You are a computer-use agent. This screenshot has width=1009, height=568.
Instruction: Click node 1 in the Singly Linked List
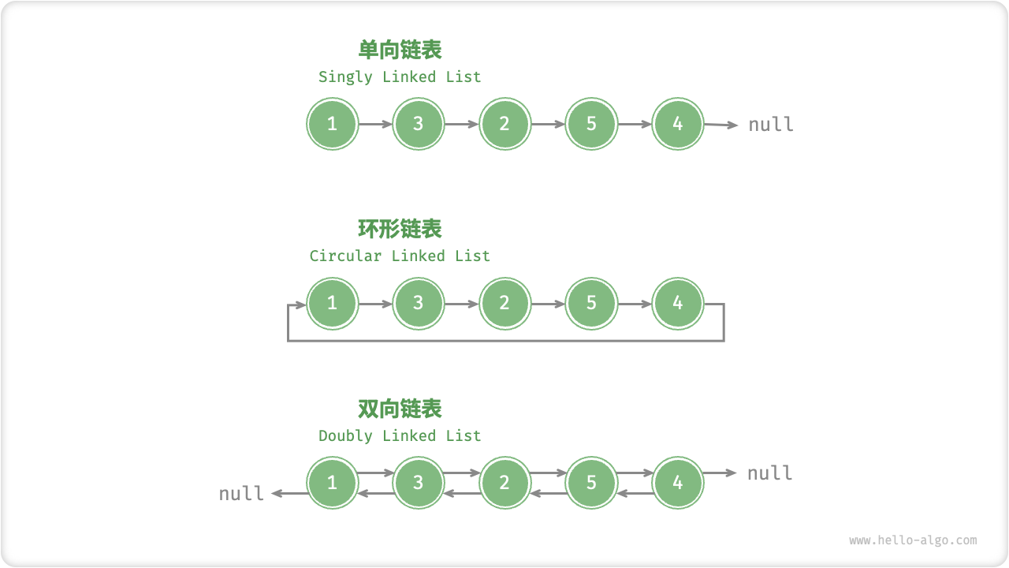point(332,124)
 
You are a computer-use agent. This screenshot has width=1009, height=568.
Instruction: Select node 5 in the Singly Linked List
point(591,124)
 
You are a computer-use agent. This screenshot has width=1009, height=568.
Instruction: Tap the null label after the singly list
point(770,125)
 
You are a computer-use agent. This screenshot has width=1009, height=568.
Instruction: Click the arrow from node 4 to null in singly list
point(720,125)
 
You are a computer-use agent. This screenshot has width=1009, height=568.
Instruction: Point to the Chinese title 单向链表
point(400,50)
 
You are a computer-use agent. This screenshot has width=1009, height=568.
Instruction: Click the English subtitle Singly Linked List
point(400,77)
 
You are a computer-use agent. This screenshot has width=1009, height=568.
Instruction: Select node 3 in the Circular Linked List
point(418,303)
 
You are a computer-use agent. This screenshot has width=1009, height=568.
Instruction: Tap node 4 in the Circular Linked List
point(677,303)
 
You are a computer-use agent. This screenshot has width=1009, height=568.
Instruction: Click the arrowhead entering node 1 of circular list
point(300,304)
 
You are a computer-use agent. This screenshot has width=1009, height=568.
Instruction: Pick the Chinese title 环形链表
point(400,229)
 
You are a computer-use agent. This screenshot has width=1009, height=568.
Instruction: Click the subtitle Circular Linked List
point(400,256)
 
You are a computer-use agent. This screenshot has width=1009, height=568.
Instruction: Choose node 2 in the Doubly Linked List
point(504,482)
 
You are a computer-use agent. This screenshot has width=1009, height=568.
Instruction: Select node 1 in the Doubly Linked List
point(332,482)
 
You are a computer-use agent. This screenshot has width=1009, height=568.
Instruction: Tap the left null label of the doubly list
point(241,494)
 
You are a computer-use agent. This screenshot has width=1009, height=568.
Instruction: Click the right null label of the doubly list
point(769,473)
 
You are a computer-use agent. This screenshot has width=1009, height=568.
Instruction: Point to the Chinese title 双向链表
point(400,409)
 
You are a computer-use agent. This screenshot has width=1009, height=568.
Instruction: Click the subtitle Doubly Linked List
point(400,436)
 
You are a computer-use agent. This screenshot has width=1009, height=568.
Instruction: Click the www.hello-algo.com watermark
point(913,540)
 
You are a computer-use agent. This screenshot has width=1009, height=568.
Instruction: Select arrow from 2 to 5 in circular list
point(548,304)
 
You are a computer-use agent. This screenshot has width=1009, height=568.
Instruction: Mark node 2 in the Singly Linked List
point(504,124)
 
